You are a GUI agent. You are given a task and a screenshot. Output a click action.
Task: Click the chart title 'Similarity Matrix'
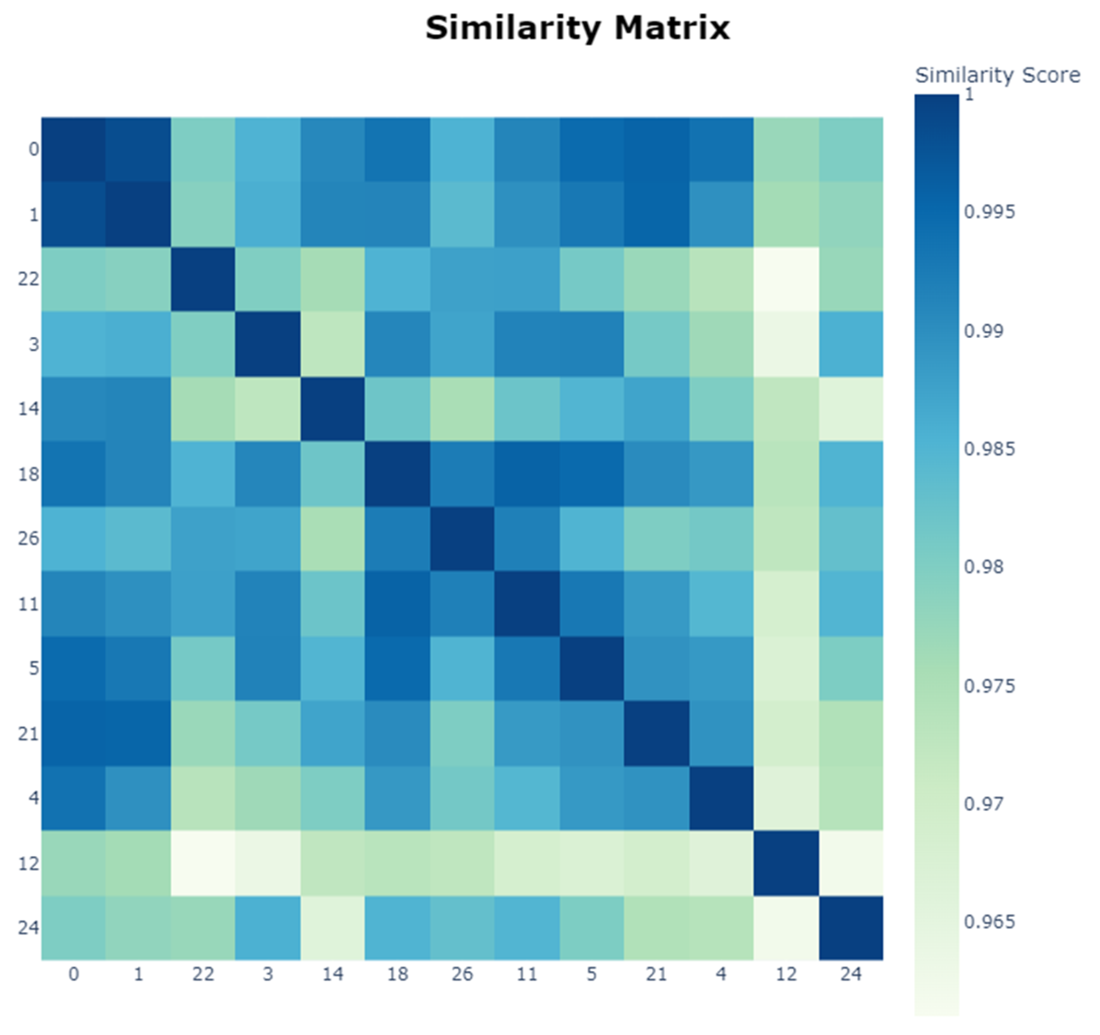coord(577,28)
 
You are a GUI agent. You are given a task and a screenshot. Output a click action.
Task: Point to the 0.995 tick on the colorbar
coord(989,212)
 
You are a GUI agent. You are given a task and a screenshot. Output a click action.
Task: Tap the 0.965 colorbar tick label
coord(989,922)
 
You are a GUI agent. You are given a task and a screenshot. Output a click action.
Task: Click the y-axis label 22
coord(28,279)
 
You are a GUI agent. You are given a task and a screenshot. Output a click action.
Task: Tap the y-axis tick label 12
coord(28,863)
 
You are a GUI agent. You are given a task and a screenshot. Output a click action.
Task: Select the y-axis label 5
coord(34,668)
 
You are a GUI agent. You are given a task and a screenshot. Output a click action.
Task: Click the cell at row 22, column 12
coord(786,279)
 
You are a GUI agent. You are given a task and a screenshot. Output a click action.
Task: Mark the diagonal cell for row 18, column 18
coord(397,474)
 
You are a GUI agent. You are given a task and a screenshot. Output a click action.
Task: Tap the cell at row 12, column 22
coord(203,863)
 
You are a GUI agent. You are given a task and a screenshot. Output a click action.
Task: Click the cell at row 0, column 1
coord(138,150)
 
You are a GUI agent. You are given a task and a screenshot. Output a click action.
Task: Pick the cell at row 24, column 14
coord(332,927)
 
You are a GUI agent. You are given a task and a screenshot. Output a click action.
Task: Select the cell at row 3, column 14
coord(332,344)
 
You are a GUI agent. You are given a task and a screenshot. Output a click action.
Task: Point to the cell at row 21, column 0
coord(74,733)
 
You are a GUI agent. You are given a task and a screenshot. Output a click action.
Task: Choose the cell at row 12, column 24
coord(851,863)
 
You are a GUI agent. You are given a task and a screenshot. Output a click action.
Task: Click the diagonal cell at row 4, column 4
coord(721,798)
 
